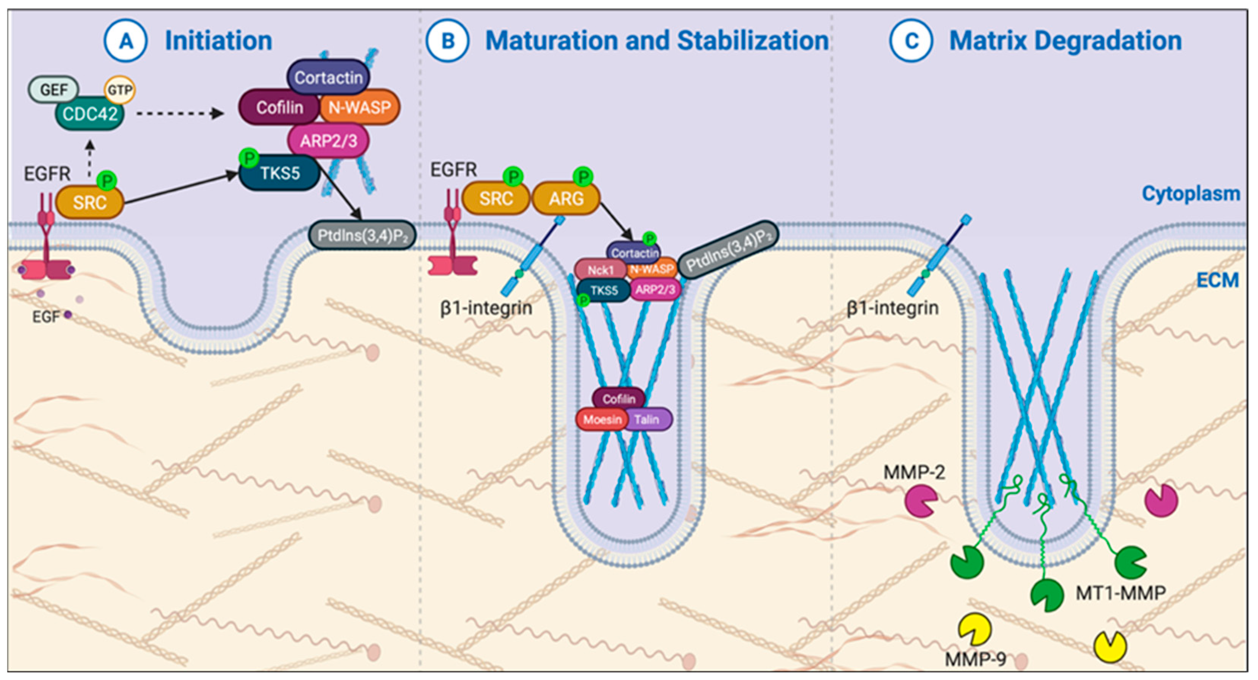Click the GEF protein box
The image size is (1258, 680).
point(54,89)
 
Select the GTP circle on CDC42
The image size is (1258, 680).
point(120,90)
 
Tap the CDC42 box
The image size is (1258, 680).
point(90,114)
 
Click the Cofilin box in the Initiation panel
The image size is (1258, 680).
point(280,107)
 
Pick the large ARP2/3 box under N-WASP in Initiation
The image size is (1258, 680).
point(329,141)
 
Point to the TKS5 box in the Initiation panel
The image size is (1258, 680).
point(280,173)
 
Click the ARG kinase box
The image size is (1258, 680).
point(565,198)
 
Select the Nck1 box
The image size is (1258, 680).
point(600,270)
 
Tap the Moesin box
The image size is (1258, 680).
point(602,419)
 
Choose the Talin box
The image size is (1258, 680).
point(648,419)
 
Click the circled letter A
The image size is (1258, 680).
point(125,41)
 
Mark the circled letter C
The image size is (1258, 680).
point(911,41)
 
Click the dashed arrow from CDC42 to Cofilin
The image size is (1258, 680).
point(180,114)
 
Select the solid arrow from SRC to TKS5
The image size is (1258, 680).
point(181,188)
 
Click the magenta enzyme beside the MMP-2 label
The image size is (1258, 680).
point(920,501)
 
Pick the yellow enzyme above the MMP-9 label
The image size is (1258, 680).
point(975,630)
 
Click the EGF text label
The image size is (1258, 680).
point(46,317)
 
